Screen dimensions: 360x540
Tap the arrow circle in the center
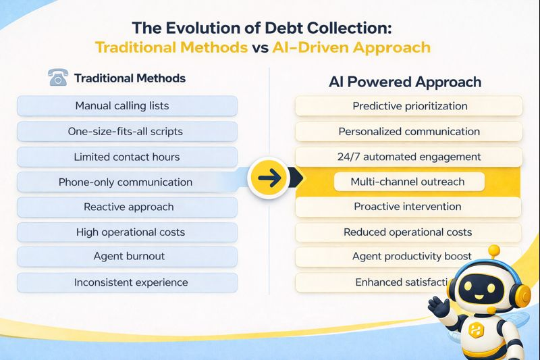[268, 180]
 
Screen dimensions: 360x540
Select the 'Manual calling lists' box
[127, 106]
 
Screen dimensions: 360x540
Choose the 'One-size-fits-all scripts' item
[127, 131]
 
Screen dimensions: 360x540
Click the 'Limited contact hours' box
[127, 157]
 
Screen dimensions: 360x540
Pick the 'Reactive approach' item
[127, 207]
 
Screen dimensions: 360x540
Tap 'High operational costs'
[127, 232]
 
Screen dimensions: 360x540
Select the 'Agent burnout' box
[127, 257]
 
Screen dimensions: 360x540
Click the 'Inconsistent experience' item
[127, 282]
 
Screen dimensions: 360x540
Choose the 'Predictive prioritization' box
[409, 106]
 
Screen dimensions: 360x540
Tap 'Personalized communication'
[409, 131]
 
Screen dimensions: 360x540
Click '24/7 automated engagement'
[409, 157]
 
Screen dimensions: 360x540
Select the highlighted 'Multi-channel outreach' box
[409, 182]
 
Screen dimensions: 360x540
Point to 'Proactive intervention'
[409, 207]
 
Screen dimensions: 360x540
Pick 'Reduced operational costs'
[409, 232]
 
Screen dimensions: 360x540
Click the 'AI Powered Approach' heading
[405, 82]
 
